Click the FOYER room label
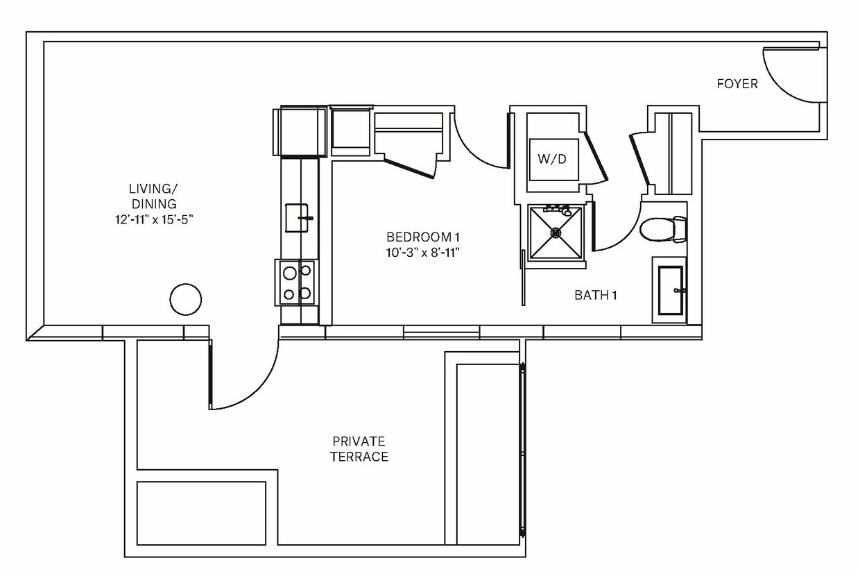(737, 84)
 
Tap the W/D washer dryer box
(552, 159)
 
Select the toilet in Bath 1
(660, 229)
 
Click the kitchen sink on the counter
(299, 217)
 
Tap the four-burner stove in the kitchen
(296, 282)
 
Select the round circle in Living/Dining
(186, 300)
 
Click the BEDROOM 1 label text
(423, 237)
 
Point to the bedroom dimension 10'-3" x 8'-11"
(423, 252)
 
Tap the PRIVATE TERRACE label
(359, 449)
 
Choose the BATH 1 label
(595, 295)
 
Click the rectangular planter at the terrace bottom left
(201, 514)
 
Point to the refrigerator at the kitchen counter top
(302, 131)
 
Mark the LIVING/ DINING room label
(152, 196)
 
